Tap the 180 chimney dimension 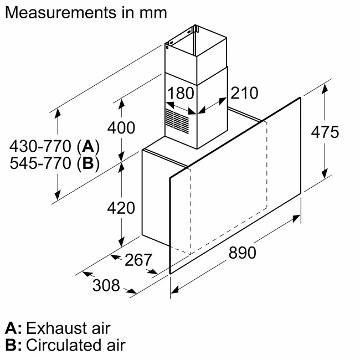(x=181, y=93)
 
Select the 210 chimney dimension (x=244, y=93)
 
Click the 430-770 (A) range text (x=54, y=147)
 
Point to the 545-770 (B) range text (x=54, y=163)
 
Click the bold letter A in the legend (x=12, y=328)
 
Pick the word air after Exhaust (x=100, y=328)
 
